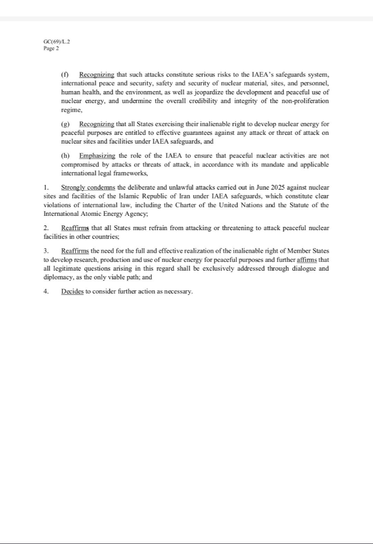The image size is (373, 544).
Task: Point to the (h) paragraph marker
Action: (65, 156)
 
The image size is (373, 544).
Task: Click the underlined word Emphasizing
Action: (97, 156)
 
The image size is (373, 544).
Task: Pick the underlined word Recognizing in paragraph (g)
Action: (97, 124)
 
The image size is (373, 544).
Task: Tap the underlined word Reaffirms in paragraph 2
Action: (75, 228)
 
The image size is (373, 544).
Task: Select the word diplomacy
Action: (60, 277)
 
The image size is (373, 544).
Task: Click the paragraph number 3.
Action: (46, 250)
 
